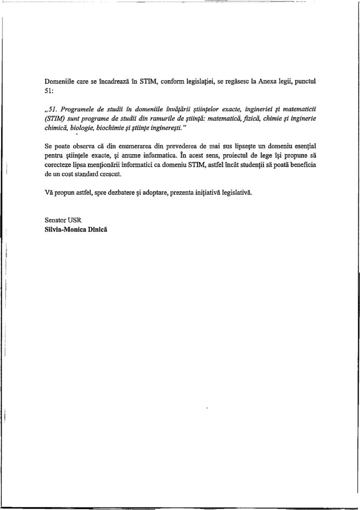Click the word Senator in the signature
(56, 220)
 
